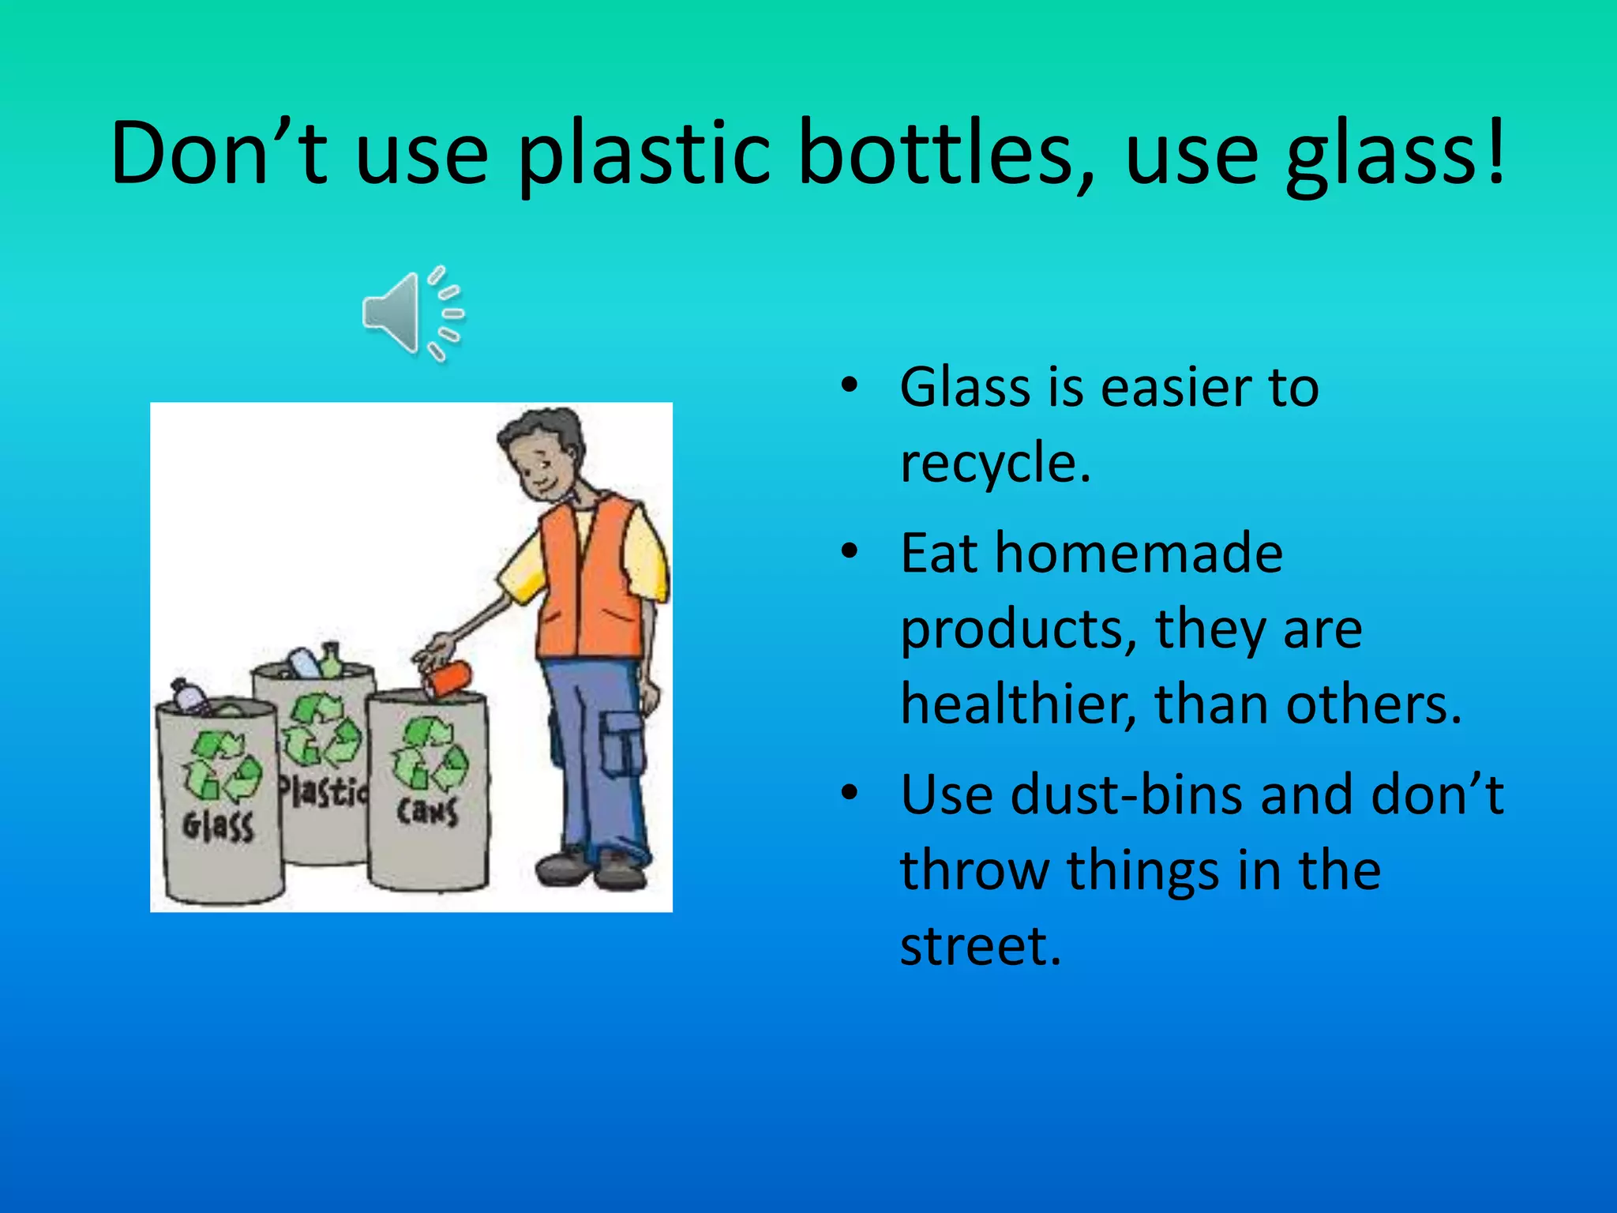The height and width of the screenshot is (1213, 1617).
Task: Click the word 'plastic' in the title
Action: [x=643, y=154]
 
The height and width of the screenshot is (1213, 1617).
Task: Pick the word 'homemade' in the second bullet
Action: [x=1139, y=553]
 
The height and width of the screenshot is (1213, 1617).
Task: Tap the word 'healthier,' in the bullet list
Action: [x=1019, y=704]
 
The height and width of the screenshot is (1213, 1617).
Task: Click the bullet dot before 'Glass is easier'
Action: [x=850, y=386]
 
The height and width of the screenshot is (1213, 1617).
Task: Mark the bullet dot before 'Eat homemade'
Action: [x=850, y=552]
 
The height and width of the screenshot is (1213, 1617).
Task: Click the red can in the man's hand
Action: [x=449, y=678]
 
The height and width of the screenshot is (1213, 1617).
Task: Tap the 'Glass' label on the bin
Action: [x=218, y=826]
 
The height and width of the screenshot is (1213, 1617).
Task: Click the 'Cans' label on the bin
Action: [x=427, y=810]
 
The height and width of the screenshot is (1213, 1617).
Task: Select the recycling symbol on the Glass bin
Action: [x=222, y=766]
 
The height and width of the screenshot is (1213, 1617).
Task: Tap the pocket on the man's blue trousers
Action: [x=623, y=742]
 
